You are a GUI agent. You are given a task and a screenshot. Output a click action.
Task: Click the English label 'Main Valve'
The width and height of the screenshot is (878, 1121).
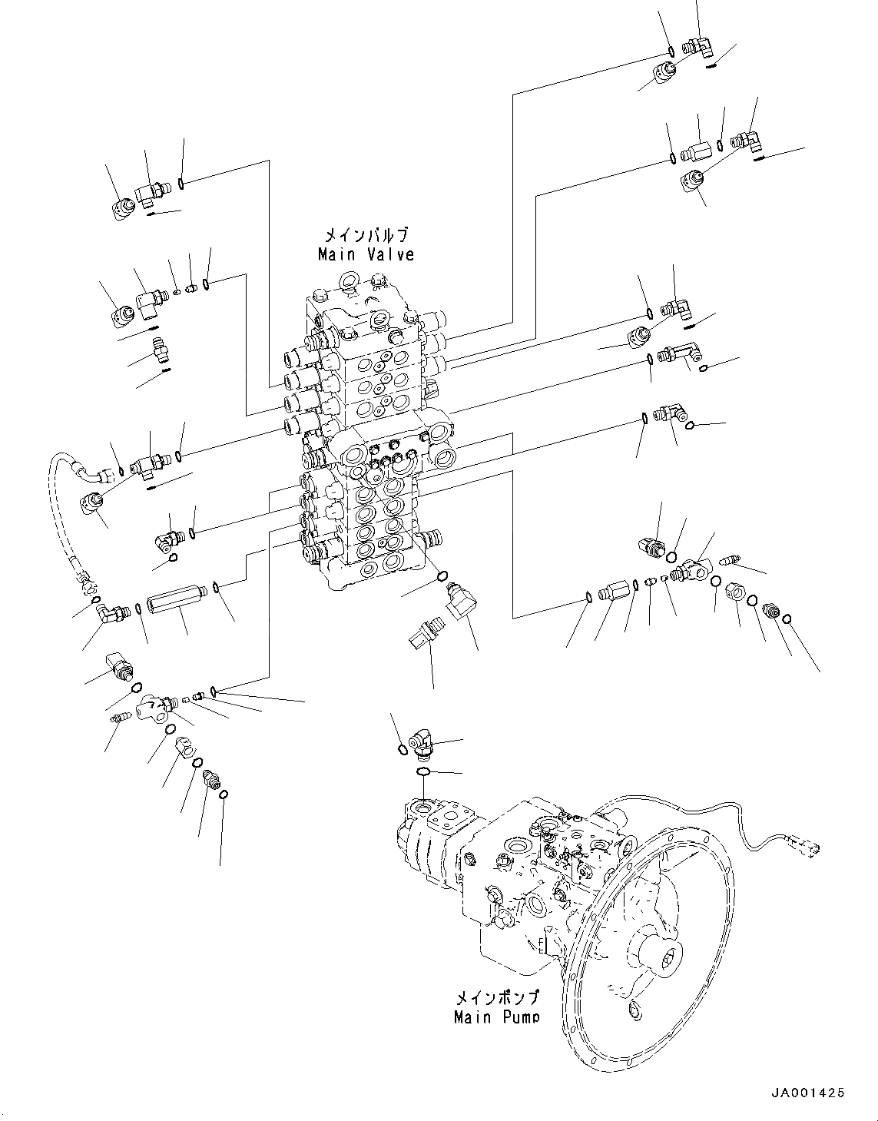[366, 254]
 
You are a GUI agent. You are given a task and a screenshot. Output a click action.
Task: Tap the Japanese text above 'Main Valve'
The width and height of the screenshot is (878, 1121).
[366, 235]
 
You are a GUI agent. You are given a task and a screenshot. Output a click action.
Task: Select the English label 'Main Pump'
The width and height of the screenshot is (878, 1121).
[495, 1018]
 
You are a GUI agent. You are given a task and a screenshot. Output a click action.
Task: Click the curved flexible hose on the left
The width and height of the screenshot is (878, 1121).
[58, 507]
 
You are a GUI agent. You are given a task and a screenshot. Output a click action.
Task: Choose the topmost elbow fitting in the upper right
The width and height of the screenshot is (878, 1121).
[701, 48]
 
